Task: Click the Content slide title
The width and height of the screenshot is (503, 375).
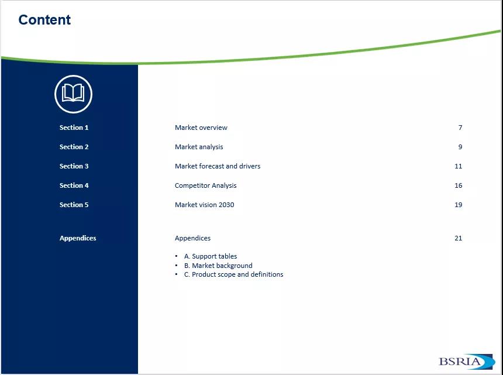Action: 44,20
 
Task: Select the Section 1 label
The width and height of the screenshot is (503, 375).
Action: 74,128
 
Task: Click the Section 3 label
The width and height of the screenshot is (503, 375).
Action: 74,166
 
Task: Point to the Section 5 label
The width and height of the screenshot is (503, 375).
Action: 74,205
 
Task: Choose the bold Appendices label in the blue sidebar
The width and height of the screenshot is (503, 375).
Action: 78,238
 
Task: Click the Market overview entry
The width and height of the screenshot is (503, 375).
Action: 201,128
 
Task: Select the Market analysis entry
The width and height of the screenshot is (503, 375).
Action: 199,147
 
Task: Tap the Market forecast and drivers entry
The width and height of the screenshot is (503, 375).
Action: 218,166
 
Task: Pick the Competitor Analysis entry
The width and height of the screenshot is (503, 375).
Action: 206,185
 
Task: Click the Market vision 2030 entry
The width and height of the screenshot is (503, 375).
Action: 204,205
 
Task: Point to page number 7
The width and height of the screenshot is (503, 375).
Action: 460,128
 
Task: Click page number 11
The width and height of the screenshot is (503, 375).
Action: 459,166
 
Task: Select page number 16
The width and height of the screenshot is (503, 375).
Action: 459,185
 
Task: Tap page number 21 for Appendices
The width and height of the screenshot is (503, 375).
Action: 459,238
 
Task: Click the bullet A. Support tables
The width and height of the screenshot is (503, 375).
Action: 211,256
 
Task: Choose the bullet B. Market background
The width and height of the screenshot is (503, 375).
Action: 218,266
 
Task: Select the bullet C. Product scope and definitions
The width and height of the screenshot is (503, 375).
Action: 233,274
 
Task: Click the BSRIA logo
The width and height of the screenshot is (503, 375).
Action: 467,362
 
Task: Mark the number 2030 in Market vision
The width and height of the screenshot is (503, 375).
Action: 226,205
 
